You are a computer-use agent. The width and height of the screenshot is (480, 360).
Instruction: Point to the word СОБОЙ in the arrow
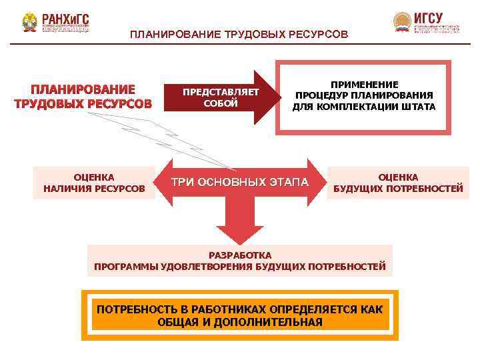(x=221, y=103)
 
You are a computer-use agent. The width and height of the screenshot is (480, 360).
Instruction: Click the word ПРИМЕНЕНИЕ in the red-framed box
(x=364, y=85)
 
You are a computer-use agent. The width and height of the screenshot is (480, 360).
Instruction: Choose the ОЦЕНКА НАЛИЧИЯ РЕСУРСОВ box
(x=94, y=183)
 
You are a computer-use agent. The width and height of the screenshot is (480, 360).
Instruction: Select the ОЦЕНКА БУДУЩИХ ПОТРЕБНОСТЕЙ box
(x=398, y=183)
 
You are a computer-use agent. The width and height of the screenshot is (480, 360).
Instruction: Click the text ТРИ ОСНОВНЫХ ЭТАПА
(x=240, y=182)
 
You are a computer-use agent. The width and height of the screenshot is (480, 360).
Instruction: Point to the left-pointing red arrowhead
(x=166, y=181)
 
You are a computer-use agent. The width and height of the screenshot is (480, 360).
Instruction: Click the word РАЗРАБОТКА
(x=240, y=255)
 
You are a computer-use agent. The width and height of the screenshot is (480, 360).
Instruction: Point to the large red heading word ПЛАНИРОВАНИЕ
(x=83, y=90)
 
